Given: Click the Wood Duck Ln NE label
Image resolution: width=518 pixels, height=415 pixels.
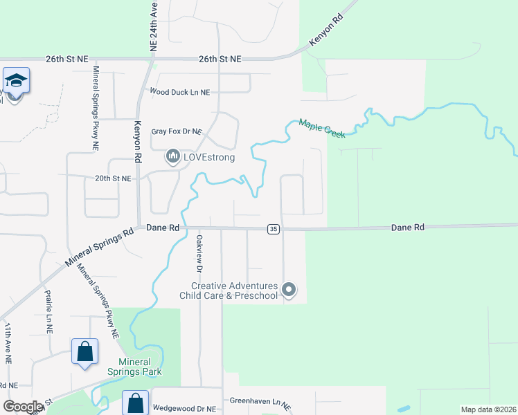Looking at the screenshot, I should [x=180, y=92].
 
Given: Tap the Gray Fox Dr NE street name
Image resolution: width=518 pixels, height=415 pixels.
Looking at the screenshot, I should [x=177, y=131].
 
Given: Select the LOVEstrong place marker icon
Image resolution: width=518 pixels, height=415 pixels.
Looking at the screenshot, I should [x=172, y=158].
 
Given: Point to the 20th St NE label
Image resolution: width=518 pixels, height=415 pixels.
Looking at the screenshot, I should [x=113, y=178].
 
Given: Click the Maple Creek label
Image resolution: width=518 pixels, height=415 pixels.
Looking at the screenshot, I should [x=321, y=129].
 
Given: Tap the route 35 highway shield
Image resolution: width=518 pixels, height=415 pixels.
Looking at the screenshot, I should [x=274, y=229].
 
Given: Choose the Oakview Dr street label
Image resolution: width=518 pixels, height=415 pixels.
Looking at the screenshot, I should [x=199, y=255].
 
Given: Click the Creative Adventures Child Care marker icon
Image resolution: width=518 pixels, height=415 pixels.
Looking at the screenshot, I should [x=289, y=290].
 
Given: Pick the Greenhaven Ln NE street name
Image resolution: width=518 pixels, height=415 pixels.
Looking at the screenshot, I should [x=260, y=402].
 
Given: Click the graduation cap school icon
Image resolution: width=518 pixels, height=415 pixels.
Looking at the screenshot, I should [x=16, y=82].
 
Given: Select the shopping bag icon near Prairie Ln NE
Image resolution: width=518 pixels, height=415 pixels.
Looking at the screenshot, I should [x=84, y=351].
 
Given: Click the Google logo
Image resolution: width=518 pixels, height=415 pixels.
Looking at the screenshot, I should [x=24, y=407].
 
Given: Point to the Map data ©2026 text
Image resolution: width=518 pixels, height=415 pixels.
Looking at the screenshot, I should [x=488, y=409].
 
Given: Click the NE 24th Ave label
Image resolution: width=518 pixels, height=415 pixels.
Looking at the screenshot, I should [x=154, y=26].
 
